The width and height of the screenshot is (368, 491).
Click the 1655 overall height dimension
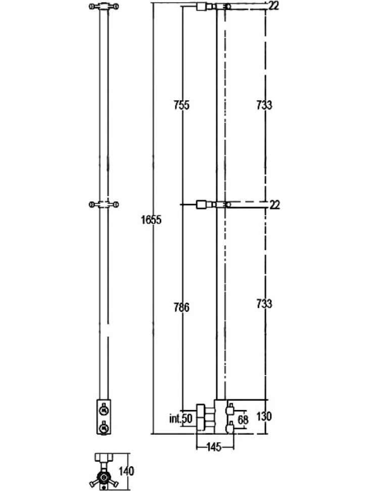click(x=151, y=220)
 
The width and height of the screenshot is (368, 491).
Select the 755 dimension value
click(x=181, y=105)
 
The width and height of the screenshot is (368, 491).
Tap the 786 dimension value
click(x=181, y=307)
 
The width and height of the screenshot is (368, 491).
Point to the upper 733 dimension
click(x=264, y=105)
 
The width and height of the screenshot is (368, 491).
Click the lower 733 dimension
click(x=264, y=303)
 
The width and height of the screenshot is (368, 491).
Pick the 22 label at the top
click(x=273, y=6)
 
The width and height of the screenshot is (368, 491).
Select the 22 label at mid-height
click(x=274, y=205)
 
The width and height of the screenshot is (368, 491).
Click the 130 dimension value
click(x=264, y=417)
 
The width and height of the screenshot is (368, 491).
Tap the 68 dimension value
click(x=243, y=420)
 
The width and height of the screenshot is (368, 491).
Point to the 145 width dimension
click(x=214, y=447)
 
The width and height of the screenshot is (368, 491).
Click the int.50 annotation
click(x=181, y=419)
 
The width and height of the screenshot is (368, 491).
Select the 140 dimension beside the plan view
click(x=126, y=471)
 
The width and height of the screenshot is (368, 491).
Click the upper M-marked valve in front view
click(x=104, y=410)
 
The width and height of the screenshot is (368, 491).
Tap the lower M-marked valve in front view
click(x=104, y=427)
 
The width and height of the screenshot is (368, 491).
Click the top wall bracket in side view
click(x=205, y=7)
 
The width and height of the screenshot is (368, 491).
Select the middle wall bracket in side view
click(x=205, y=205)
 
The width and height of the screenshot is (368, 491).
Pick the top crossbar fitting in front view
click(x=104, y=6)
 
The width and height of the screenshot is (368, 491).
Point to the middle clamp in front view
click(x=104, y=204)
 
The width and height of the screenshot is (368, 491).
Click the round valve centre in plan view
click(x=104, y=477)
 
